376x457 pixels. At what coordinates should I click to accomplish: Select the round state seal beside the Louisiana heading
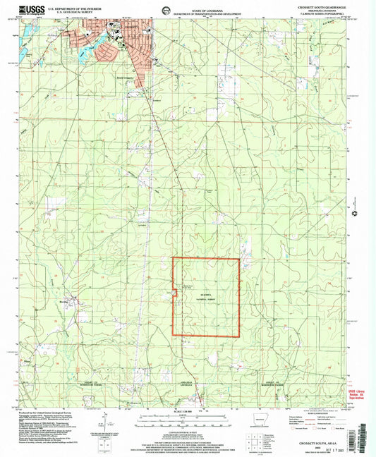(164, 9)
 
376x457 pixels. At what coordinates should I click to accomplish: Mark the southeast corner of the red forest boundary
(239, 336)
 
